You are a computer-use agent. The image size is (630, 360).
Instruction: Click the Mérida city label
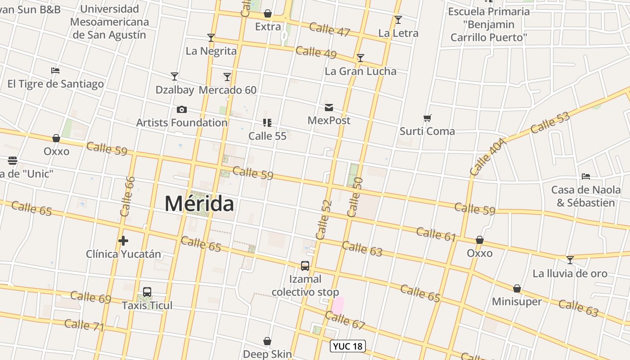pos(199,204)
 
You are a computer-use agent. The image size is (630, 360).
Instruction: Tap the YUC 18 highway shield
pos(348,346)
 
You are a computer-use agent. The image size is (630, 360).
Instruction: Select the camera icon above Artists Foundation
pos(182,109)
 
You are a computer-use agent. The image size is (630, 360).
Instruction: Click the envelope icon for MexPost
pos(329,108)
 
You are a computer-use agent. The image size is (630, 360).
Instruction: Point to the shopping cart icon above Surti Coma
pos(427,118)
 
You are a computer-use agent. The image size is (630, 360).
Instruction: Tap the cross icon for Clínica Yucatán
pos(123,241)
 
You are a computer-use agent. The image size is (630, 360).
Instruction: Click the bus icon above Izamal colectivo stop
pos(305,266)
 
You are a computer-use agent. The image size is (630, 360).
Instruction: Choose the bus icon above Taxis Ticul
pos(147,292)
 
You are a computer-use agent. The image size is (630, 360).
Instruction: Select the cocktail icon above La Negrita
pos(211,37)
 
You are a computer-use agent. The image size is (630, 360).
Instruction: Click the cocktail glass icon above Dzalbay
pos(175,76)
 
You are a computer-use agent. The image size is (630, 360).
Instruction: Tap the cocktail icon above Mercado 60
pos(227,76)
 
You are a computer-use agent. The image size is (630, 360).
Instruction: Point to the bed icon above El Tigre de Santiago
pos(55,71)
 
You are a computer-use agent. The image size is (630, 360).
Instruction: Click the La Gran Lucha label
pos(360,71)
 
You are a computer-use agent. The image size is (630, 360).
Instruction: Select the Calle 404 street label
pos(488,157)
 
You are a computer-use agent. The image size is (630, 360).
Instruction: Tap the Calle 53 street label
pos(550,122)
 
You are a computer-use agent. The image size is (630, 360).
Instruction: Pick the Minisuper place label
pos(517,301)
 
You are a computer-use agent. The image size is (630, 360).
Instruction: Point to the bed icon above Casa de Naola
pos(586,176)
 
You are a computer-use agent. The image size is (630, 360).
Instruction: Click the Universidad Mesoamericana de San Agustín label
pos(109,22)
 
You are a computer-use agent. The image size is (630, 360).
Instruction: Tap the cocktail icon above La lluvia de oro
pos(570,260)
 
